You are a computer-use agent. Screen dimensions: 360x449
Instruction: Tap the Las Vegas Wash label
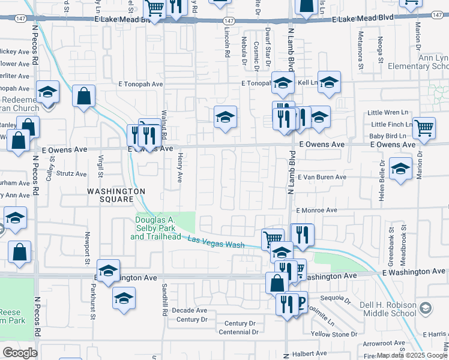(216, 242)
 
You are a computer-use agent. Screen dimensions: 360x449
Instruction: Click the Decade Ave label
(189, 310)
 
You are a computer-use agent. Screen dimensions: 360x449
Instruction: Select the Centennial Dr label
(238, 332)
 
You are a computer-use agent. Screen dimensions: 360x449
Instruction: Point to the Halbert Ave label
(309, 353)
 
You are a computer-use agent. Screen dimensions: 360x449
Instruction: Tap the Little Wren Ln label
(387, 112)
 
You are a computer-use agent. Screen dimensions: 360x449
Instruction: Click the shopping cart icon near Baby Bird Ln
(424, 128)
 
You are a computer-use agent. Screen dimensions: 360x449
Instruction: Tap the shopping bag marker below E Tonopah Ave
(83, 95)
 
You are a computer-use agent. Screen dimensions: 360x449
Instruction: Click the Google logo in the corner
(20, 353)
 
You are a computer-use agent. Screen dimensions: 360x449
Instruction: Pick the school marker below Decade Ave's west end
(124, 298)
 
